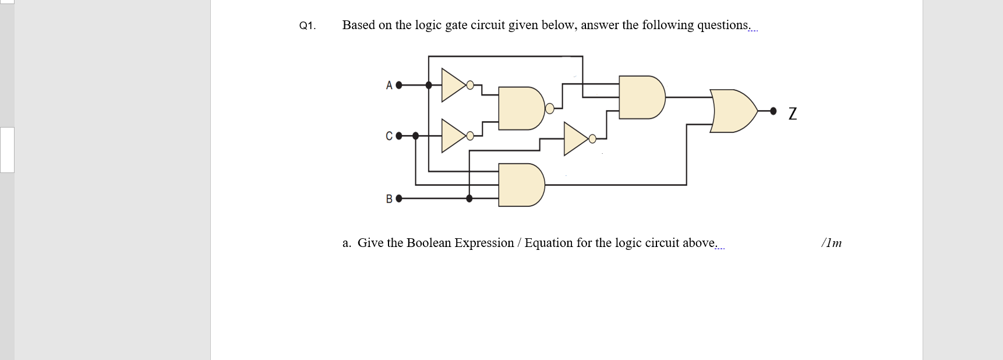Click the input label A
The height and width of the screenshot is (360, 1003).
[x=389, y=86]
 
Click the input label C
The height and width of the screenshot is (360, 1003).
[x=389, y=136]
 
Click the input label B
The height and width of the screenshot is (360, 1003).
[x=389, y=199]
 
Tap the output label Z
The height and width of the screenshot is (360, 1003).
[x=792, y=113]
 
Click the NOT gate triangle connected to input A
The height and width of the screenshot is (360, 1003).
[x=453, y=85]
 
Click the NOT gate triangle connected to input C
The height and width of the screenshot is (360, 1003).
[x=453, y=136]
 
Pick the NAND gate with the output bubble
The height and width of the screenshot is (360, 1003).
[x=520, y=108]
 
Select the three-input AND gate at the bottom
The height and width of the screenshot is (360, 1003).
[x=520, y=185]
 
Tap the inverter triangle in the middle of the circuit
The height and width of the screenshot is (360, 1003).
[x=575, y=139]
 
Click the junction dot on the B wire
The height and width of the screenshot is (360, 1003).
[x=469, y=199]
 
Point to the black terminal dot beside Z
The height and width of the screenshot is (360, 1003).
[x=773, y=111]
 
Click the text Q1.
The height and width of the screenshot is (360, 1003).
[x=307, y=26]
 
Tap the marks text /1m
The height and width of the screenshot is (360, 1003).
[x=831, y=243]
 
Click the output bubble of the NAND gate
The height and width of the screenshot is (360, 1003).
[x=549, y=108]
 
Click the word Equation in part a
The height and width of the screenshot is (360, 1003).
[x=549, y=243]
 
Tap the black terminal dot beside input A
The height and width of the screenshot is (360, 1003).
[x=399, y=85]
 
